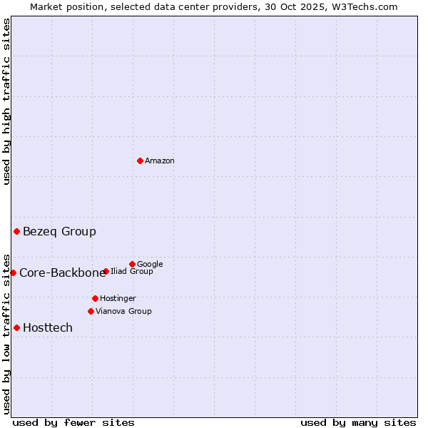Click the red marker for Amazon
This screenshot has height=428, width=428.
pyautogui.click(x=140, y=160)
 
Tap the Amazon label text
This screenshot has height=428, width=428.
pyautogui.click(x=160, y=161)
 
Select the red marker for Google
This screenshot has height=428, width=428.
pyautogui.click(x=132, y=264)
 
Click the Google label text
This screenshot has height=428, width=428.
pyautogui.click(x=150, y=265)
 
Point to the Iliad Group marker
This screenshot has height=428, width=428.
pyautogui.click(x=106, y=271)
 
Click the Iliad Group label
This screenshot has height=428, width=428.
pyautogui.click(x=132, y=272)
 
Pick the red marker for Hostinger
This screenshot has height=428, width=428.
pyautogui.click(x=95, y=298)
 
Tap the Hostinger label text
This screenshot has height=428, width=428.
pyautogui.click(x=118, y=299)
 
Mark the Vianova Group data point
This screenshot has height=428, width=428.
pyautogui.click(x=91, y=311)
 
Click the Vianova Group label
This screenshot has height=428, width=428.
pyautogui.click(x=123, y=312)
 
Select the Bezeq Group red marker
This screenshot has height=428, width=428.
pyautogui.click(x=16, y=231)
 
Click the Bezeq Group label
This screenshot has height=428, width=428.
pyautogui.click(x=59, y=232)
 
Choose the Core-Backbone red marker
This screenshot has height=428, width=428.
pyautogui.click(x=13, y=272)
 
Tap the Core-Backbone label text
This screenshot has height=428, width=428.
pyautogui.click(x=62, y=273)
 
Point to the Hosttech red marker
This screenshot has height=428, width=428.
pyautogui.click(x=16, y=327)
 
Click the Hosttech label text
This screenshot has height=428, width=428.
pyautogui.click(x=48, y=328)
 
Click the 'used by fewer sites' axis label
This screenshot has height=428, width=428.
pyautogui.click(x=73, y=423)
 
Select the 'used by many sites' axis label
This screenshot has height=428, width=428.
pyautogui.click(x=358, y=423)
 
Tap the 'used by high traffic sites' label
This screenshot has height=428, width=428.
pyautogui.click(x=7, y=101)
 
